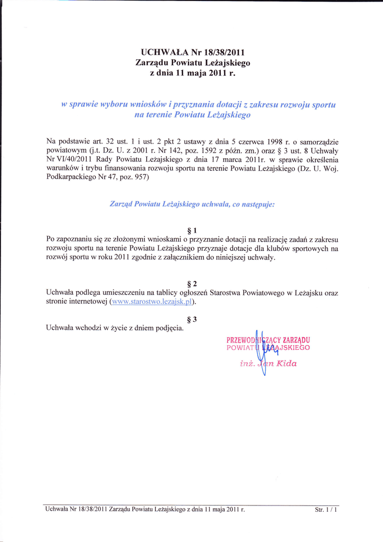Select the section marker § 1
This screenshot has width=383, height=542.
[192, 230]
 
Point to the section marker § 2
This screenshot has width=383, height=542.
[192, 284]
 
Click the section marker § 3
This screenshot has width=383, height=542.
[192, 319]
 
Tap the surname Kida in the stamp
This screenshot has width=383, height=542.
[286, 364]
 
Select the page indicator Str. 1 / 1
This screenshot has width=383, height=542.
[326, 510]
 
